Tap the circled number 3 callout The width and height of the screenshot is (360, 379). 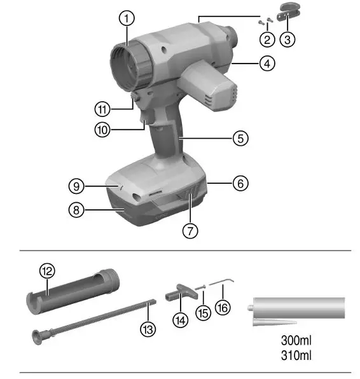[x=288, y=38]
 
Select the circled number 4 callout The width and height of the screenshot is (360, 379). [x=267, y=64]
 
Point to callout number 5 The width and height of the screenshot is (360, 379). [x=239, y=137]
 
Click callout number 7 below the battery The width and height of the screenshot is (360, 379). [x=189, y=230]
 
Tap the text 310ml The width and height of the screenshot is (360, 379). [x=296, y=355]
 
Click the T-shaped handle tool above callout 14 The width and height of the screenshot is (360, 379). [x=179, y=292]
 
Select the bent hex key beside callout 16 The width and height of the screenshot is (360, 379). [x=222, y=282]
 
